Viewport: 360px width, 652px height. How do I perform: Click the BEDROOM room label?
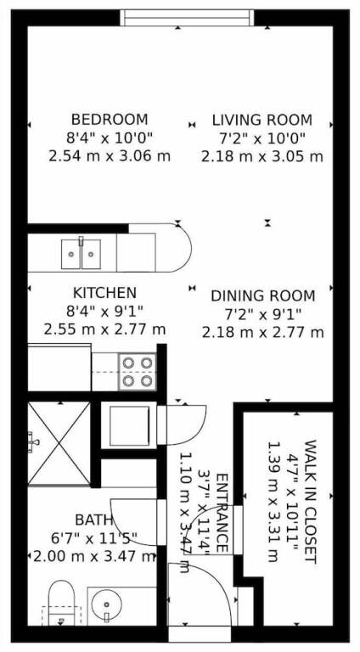pos(110,120)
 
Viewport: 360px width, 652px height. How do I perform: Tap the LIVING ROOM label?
pos(262,120)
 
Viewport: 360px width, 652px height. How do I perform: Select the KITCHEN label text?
pos(104,293)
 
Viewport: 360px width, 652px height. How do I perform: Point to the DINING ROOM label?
pos(262,296)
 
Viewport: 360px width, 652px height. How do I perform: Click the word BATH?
pos(93,520)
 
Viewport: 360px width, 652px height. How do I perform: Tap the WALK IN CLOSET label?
pos(311,502)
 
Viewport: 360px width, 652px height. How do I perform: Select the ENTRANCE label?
pos(222,513)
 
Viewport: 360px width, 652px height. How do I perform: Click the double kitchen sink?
pos(81,254)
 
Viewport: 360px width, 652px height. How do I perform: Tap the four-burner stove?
pos(138,372)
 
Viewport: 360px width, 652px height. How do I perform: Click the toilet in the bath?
pos(61,604)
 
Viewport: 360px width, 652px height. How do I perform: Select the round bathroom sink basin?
pos(107,604)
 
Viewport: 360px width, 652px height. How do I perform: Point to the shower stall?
pos(59,443)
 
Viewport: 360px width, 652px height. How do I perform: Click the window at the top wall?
pos(187,18)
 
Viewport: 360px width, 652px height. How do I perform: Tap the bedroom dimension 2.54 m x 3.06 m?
pos(110,156)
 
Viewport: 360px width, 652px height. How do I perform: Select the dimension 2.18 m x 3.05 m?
pos(262,157)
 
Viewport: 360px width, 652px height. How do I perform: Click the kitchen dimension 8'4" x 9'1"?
pos(104,311)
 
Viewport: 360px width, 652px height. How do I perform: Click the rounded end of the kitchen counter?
pos(180,248)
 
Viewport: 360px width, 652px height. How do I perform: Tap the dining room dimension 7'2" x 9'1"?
pos(262,314)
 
